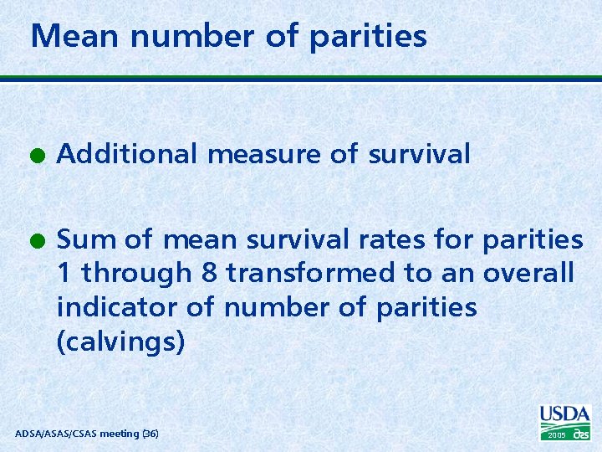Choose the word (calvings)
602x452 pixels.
120,342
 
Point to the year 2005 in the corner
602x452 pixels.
557,435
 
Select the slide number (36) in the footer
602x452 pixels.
150,434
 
